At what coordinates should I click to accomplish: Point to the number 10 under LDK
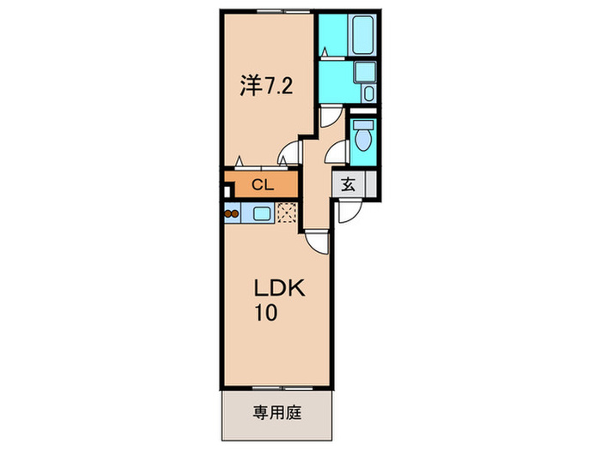click(x=264, y=313)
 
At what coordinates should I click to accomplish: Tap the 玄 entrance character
click(x=350, y=183)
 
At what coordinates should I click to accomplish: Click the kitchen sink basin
click(x=263, y=213)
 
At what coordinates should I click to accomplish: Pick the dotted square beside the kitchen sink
click(x=286, y=213)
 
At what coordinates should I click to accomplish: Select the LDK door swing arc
click(x=316, y=243)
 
